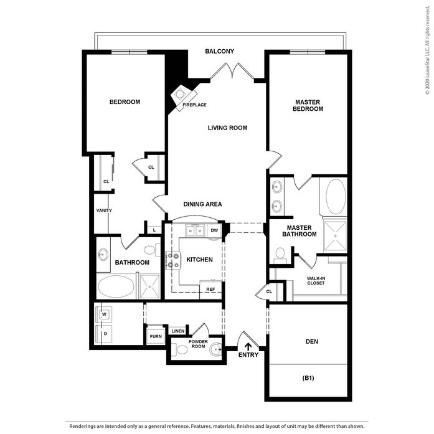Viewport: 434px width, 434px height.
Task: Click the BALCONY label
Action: point(220,51)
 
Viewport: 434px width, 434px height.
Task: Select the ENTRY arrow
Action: point(248,347)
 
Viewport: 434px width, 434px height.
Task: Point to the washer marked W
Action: point(104,314)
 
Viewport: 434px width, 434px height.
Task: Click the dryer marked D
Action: point(104,334)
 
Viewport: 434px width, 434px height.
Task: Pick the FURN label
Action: point(156,337)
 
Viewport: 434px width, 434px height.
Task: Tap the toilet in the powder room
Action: point(179,350)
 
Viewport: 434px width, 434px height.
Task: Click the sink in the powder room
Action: point(215,349)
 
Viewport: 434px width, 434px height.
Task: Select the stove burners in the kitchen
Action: point(173,260)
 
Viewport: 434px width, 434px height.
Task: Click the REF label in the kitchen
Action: point(210,290)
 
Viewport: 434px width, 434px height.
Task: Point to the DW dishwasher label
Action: point(214,230)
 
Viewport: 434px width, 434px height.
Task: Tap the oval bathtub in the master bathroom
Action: point(336,197)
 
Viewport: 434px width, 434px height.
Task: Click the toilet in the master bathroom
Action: point(280,256)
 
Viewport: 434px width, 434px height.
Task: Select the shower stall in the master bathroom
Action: point(335,236)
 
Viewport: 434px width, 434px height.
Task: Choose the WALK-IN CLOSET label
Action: point(316,281)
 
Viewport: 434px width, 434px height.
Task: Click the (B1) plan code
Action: point(308,378)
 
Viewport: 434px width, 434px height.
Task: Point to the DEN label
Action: point(312,342)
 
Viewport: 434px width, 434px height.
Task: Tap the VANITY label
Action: point(104,210)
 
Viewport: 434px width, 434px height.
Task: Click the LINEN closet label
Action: point(178,331)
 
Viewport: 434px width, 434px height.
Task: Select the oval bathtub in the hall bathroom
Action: point(116,286)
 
